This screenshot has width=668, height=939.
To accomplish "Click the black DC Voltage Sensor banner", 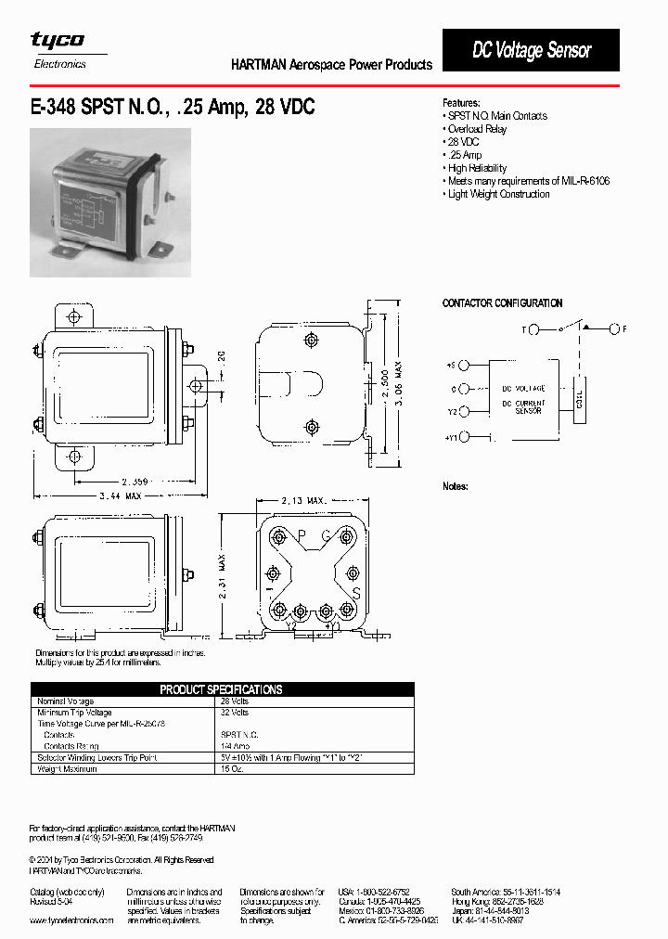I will pyautogui.click(x=531, y=50).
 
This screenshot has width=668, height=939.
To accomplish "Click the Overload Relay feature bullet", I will pyautogui.click(x=476, y=129).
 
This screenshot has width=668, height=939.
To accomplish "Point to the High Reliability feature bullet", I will pyautogui.click(x=476, y=168).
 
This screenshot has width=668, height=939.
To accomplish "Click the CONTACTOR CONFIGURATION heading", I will pyautogui.click(x=502, y=303).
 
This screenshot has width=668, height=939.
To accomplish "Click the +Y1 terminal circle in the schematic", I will pyautogui.click(x=464, y=436).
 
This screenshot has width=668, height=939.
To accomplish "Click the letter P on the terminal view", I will pyautogui.click(x=301, y=534).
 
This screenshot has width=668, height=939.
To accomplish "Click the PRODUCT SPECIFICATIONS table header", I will pyautogui.click(x=221, y=689).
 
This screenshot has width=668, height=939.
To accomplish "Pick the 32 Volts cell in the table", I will pyautogui.click(x=234, y=713).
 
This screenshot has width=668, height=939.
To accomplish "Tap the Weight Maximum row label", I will pyautogui.click(x=66, y=769).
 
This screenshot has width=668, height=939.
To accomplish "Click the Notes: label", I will pyautogui.click(x=455, y=486).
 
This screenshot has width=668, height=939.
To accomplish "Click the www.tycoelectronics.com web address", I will pyautogui.click(x=71, y=920).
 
